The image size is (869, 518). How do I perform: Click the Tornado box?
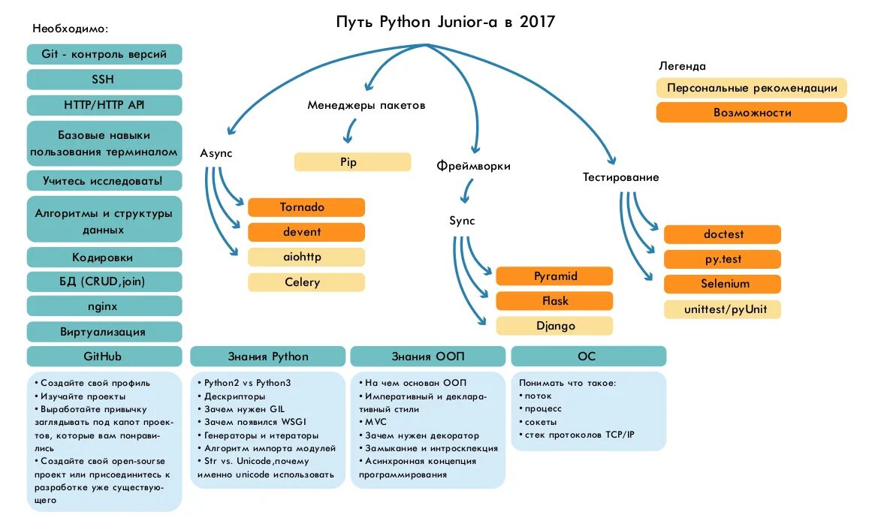306,207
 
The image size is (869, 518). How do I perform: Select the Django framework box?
554,326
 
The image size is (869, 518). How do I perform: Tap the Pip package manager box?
352,162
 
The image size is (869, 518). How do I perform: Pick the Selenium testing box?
722,284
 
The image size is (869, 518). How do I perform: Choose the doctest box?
722,234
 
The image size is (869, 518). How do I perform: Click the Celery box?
306,282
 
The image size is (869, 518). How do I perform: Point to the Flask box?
554,301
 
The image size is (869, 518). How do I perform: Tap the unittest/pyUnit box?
722,309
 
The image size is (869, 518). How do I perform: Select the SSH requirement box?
104,80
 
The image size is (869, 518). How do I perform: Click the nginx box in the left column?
104,306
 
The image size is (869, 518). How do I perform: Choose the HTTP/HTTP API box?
104,105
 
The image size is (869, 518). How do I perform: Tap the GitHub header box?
104,356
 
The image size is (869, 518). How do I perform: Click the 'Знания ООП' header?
427,356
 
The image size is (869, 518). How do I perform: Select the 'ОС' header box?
587,356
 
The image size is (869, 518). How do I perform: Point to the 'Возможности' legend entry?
751,113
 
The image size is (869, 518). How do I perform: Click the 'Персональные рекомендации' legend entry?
751,88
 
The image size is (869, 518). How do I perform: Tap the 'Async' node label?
216,153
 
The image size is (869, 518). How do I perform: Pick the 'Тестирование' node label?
620,178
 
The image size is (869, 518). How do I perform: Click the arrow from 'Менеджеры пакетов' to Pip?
349,131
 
